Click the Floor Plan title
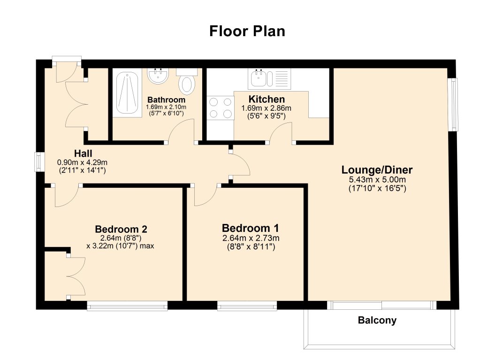coord(247,31)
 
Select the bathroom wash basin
coord(158,76)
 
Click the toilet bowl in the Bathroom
coord(187,85)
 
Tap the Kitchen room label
coord(267,99)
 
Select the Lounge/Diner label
coord(377,170)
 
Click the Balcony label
coord(377,321)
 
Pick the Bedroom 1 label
coord(251,228)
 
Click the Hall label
coord(83,153)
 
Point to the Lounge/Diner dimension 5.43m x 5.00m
coord(377,180)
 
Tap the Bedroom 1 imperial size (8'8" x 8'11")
coord(251,246)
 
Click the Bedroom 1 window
coord(247,307)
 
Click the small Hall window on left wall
coord(39,162)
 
